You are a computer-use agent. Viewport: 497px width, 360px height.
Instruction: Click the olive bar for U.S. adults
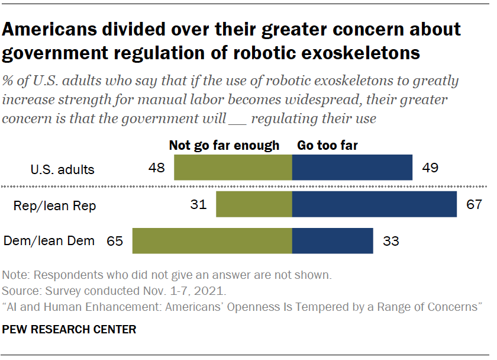pyautogui.click(x=233, y=168)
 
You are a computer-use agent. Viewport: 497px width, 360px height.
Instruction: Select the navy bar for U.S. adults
pyautogui.click(x=352, y=168)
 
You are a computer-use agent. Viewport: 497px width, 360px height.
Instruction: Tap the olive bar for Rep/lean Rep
pyautogui.click(x=254, y=204)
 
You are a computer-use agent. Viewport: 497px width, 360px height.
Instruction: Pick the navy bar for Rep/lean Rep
pyautogui.click(x=375, y=204)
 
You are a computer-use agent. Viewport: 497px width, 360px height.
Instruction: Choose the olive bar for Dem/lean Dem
pyautogui.click(x=212, y=241)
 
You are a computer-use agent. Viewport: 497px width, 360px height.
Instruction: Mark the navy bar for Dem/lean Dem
pyautogui.click(x=333, y=241)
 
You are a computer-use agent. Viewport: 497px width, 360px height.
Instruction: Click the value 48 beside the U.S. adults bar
pyautogui.click(x=156, y=168)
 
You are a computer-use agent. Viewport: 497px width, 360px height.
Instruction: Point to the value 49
pyautogui.click(x=430, y=168)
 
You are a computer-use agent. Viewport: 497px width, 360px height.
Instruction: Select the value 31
pyautogui.click(x=198, y=205)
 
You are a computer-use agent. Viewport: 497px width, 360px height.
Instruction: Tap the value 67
pyautogui.click(x=475, y=205)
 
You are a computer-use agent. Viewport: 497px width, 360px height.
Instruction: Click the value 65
pyautogui.click(x=114, y=242)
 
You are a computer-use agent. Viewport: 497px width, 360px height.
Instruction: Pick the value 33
pyautogui.click(x=391, y=242)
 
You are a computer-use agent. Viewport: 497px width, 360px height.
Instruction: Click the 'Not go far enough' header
pyautogui.click(x=224, y=146)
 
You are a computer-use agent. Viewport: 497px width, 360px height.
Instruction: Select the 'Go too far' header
pyautogui.click(x=327, y=146)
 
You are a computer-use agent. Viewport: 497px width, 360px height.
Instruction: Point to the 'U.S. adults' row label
pyautogui.click(x=62, y=169)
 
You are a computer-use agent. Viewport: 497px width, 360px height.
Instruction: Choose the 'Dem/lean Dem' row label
pyautogui.click(x=49, y=242)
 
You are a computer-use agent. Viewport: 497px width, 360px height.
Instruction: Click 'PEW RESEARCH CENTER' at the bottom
pyautogui.click(x=69, y=329)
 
